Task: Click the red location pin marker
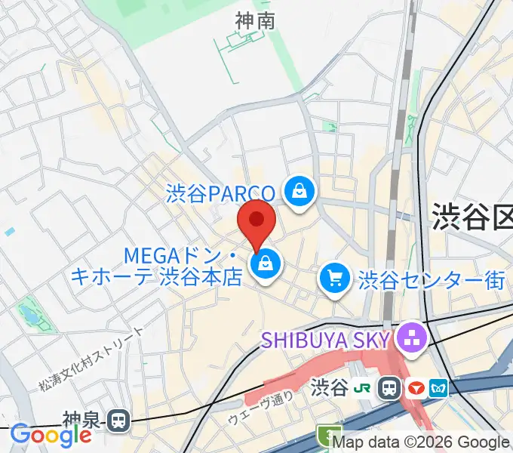click(x=256, y=223)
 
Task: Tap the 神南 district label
click(x=254, y=22)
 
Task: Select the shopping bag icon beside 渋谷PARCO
click(x=300, y=190)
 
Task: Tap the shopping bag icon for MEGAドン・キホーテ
click(x=266, y=264)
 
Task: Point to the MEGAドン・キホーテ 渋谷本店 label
click(x=156, y=268)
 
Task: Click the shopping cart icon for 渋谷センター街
click(x=333, y=279)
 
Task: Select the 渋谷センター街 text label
click(x=432, y=280)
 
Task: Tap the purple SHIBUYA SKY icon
click(x=412, y=337)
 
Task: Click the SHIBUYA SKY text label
click(x=326, y=337)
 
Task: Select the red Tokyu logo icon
click(x=415, y=388)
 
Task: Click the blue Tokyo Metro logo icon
click(x=438, y=388)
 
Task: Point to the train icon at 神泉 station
click(x=118, y=420)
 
